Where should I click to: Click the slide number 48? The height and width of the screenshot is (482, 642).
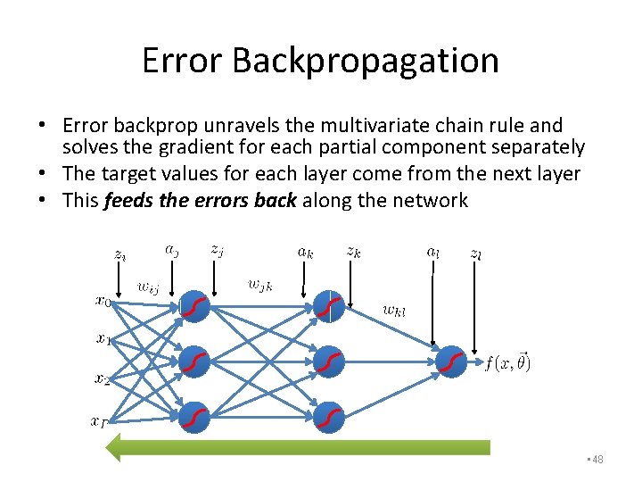pyautogui.click(x=597, y=459)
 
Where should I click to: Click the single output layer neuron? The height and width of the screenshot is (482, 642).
pyautogui.click(x=452, y=361)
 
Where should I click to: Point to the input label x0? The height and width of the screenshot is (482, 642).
pyautogui.click(x=103, y=301)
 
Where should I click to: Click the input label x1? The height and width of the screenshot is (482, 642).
pyautogui.click(x=103, y=338)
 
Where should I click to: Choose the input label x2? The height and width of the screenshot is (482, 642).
pyautogui.click(x=103, y=378)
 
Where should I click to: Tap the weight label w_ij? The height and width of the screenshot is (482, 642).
pyautogui.click(x=148, y=287)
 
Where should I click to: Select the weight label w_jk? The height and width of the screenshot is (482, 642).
pyautogui.click(x=260, y=285)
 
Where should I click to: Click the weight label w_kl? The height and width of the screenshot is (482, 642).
pyautogui.click(x=393, y=311)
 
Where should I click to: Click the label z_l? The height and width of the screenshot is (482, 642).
pyautogui.click(x=476, y=253)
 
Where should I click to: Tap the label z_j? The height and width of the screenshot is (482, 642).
pyautogui.click(x=217, y=251)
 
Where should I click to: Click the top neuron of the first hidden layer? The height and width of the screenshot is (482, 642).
pyautogui.click(x=194, y=307)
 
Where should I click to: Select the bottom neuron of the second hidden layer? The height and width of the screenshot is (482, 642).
pyautogui.click(x=329, y=417)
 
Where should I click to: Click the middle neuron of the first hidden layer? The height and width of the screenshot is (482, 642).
pyautogui.click(x=194, y=361)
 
